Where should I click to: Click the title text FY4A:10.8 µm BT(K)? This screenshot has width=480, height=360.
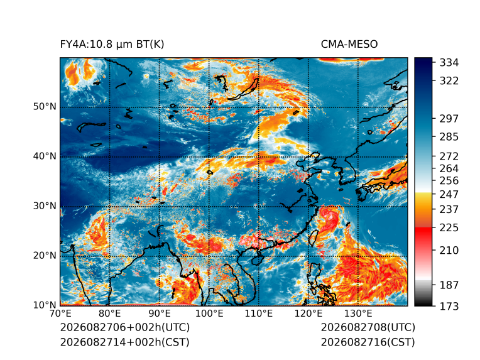[x=112, y=45]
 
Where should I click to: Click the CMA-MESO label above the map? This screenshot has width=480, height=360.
[x=349, y=45]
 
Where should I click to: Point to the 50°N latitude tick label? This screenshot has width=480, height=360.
[x=45, y=107]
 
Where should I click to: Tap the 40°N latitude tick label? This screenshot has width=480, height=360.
[x=45, y=156]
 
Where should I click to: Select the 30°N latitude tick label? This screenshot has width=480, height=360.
[x=45, y=206]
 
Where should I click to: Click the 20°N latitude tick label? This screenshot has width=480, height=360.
[x=45, y=255]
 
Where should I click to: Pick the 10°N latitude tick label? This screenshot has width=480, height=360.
[x=45, y=305]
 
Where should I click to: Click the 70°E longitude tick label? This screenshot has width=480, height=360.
[x=60, y=314]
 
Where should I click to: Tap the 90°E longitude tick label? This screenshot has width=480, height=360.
[x=159, y=314]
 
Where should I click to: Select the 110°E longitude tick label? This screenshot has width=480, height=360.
[x=259, y=314]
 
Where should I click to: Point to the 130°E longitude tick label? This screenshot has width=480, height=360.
[x=358, y=314]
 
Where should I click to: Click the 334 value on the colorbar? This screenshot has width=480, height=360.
[x=449, y=63]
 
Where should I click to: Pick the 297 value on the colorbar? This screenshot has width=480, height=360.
[x=449, y=119]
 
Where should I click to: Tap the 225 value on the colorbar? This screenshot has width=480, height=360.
[x=449, y=228]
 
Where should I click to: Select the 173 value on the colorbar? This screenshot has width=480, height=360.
[x=449, y=306]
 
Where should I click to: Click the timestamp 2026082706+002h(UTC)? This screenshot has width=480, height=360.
[x=125, y=327]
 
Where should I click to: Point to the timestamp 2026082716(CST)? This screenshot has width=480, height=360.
[x=368, y=342]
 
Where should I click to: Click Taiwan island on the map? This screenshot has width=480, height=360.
[x=313, y=238]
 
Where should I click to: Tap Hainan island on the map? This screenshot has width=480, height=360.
[x=258, y=259]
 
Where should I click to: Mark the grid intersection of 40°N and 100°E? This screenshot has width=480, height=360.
[x=209, y=157]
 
